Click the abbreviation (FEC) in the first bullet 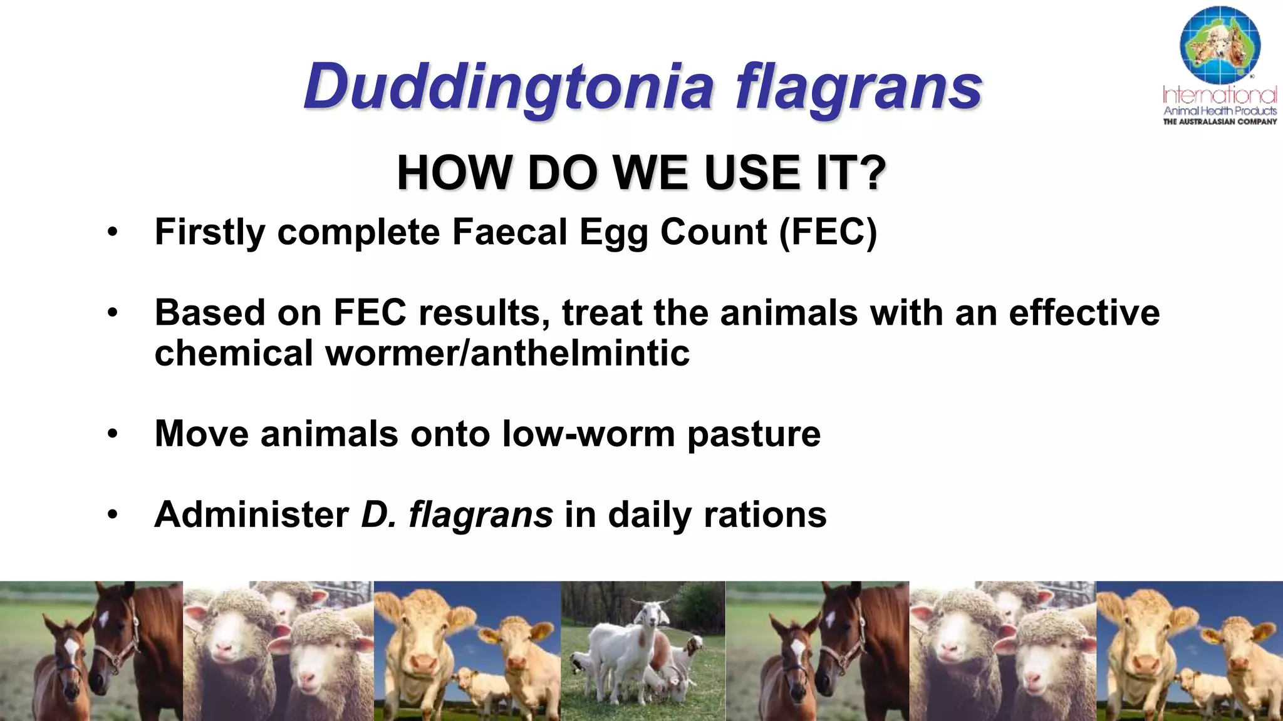tap(828, 232)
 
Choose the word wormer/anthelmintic tap(507, 353)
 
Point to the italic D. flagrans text tap(457, 514)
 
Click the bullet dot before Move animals tap(112, 434)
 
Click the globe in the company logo tap(1219, 45)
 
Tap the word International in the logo tap(1219, 95)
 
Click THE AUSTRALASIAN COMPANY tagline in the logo tap(1219, 122)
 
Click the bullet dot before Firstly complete tap(112, 232)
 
